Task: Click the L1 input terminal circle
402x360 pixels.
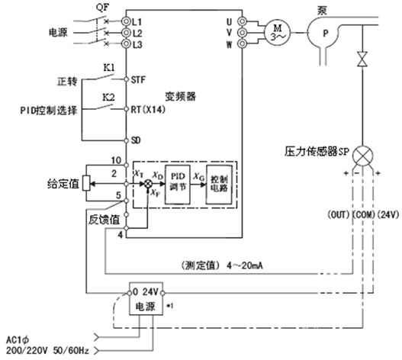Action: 126,21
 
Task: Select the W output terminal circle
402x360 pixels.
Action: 242,43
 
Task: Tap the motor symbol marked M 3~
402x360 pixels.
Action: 277,33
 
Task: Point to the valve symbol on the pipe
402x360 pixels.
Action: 362,59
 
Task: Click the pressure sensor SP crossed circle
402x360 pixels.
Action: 362,156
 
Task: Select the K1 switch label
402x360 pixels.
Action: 109,68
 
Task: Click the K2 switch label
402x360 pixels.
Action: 109,98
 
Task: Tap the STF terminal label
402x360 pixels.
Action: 138,80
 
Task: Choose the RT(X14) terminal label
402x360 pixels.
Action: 148,110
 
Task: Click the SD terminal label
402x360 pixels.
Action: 136,140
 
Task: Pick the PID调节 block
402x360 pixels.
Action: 178,185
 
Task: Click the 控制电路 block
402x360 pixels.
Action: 219,185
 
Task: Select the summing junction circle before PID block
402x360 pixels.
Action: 148,184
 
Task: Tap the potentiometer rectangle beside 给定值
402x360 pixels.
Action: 86,183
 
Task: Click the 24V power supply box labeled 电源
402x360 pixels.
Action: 146,298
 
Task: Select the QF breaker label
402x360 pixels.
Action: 102,7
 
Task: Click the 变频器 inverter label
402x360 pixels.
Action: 180,96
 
